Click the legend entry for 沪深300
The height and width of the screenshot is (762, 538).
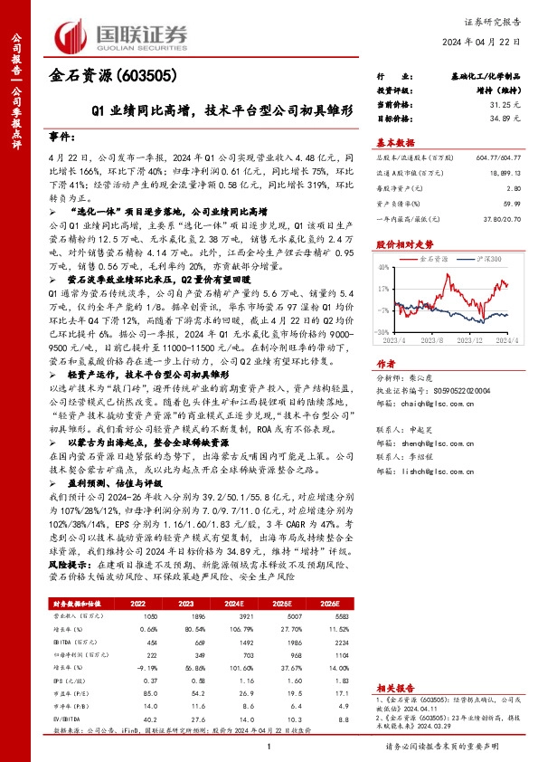click(x=486, y=259)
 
